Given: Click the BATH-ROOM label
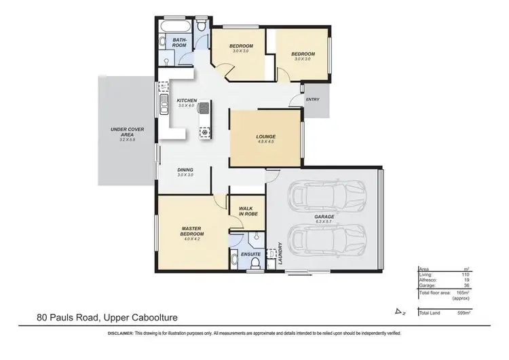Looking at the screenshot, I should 180,43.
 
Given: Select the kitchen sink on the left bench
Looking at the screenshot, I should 164,105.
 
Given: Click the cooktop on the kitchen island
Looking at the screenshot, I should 204,107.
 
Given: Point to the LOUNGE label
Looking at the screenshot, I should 265,137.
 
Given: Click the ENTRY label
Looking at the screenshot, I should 313,100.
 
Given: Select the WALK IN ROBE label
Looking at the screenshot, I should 246,211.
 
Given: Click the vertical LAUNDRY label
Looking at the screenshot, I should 281,253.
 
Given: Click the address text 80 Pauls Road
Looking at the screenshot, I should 75,317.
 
